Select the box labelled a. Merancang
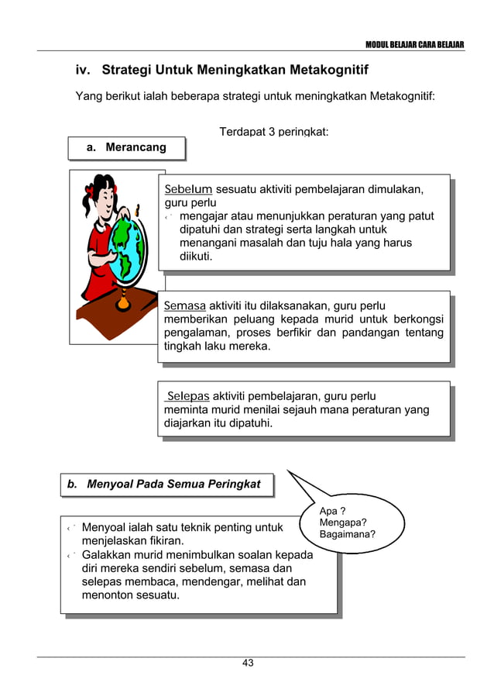point(126,147)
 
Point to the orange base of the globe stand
point(123,302)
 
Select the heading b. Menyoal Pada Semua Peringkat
point(170,484)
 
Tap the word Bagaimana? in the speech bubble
point(348,534)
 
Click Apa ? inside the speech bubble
point(332,511)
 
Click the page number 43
point(248,663)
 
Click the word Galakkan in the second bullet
point(107,555)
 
